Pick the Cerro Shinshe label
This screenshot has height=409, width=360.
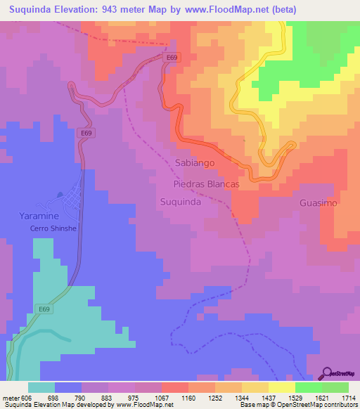(x=52, y=228)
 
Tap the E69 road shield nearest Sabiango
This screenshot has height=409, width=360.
(x=171, y=57)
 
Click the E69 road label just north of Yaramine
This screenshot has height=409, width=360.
(x=86, y=132)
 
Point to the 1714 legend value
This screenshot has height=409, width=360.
(x=349, y=398)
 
